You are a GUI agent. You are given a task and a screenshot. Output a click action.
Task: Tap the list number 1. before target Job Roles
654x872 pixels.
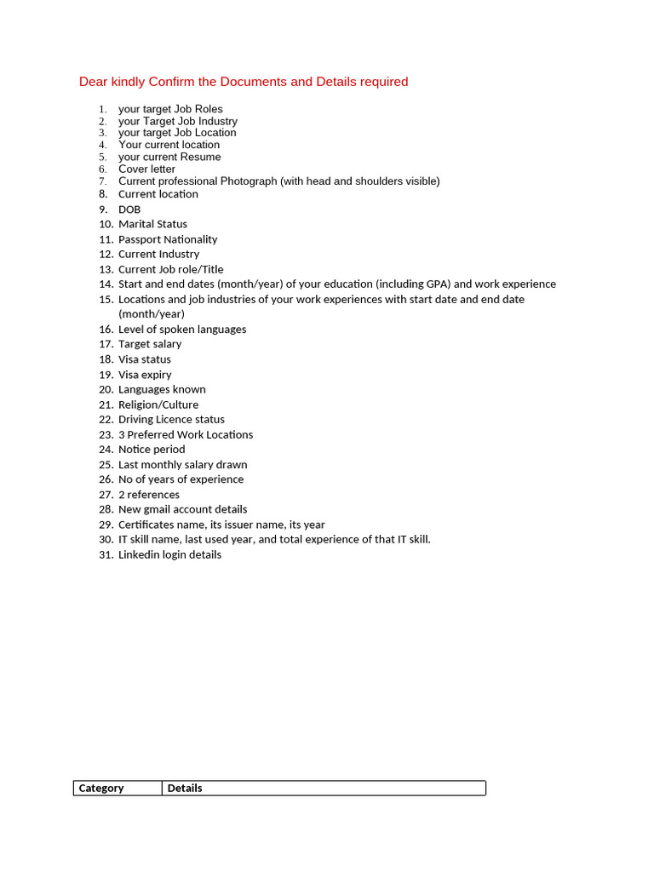pyautogui.click(x=103, y=109)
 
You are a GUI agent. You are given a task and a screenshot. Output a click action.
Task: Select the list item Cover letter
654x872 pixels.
pyautogui.click(x=146, y=169)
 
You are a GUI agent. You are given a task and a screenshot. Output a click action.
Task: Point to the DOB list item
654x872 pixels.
pyautogui.click(x=129, y=209)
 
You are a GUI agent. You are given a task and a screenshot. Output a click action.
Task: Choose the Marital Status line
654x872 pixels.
pyautogui.click(x=152, y=224)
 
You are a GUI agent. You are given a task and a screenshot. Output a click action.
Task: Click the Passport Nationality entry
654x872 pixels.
pyautogui.click(x=168, y=239)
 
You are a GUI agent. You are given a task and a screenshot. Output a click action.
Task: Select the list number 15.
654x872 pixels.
pyautogui.click(x=106, y=300)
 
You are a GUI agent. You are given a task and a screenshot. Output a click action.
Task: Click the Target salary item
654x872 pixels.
pyautogui.click(x=150, y=344)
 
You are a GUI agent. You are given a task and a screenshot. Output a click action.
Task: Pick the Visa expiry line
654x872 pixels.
pyautogui.click(x=145, y=375)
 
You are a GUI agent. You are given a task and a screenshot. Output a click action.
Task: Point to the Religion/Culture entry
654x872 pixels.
pyautogui.click(x=158, y=404)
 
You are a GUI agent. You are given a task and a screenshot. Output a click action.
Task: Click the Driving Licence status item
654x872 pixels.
pyautogui.click(x=171, y=420)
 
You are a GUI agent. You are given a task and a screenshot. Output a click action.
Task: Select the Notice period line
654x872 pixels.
pyautogui.click(x=152, y=450)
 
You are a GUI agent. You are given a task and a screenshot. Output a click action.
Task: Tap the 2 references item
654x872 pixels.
pyautogui.click(x=149, y=495)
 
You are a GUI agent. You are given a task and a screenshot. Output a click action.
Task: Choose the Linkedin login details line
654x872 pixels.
pyautogui.click(x=169, y=554)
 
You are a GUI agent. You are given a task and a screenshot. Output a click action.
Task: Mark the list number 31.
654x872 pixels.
pyautogui.click(x=106, y=554)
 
